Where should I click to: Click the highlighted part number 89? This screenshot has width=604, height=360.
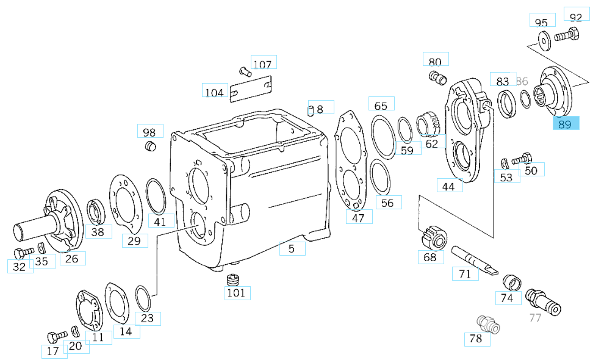tap(564, 124)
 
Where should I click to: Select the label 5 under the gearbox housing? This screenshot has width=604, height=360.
tap(292, 248)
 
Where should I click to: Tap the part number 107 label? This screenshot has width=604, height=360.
tap(262, 64)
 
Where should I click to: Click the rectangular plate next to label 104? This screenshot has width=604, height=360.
tap(251, 90)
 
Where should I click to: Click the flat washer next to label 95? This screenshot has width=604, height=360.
tap(542, 41)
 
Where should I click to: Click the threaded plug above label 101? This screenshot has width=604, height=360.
tap(232, 280)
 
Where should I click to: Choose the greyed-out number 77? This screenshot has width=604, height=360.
tap(535, 317)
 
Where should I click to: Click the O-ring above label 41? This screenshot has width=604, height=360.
tap(156, 195)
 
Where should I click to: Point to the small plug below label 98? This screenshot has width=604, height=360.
tap(150, 147)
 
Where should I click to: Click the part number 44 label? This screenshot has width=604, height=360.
tap(448, 186)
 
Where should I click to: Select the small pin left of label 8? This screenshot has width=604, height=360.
tap(310, 110)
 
